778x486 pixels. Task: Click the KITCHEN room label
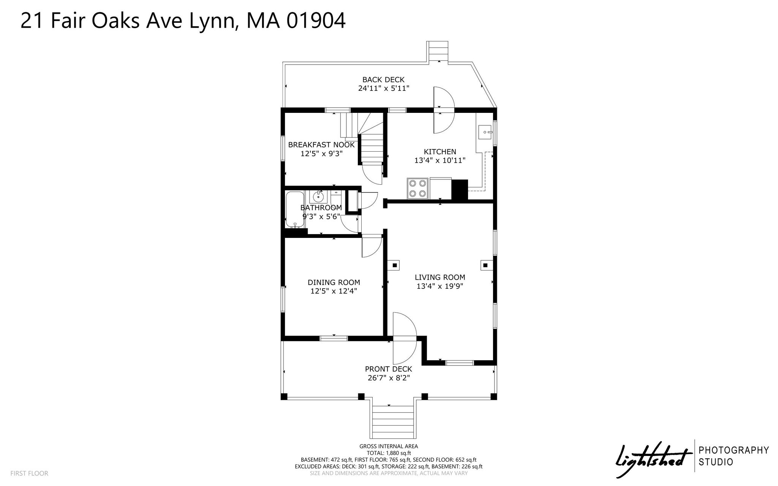[440, 152]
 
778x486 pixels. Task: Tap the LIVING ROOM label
[440, 277]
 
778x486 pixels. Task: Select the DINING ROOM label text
[334, 282]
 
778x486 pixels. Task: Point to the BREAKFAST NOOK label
[321, 145]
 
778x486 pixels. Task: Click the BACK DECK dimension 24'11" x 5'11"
[384, 89]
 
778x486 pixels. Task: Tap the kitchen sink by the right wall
[485, 132]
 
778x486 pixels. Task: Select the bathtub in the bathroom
[295, 209]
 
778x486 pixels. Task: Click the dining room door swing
[372, 247]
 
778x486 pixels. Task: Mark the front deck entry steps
[392, 422]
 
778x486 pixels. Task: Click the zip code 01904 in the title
[316, 21]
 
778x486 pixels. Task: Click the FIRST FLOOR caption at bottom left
[29, 473]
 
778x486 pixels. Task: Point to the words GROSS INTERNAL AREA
[389, 446]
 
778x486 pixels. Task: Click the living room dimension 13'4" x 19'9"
[440, 287]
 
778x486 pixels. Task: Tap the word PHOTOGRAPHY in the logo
[734, 450]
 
